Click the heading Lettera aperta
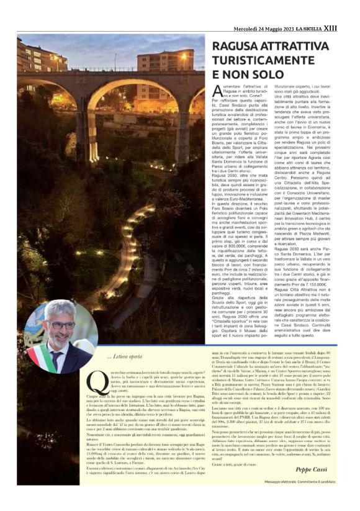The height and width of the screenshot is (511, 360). [x=125, y=356]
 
